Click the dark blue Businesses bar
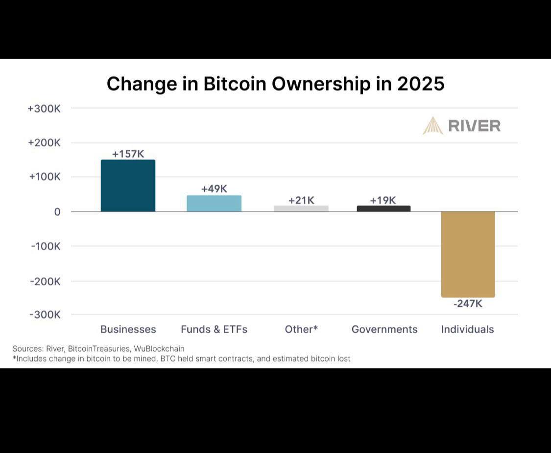[x=128, y=186]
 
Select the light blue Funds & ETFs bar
[x=214, y=204]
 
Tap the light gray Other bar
[x=301, y=208]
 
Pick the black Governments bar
[x=383, y=208]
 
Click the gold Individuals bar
[x=468, y=254]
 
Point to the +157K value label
[x=128, y=154]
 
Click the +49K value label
[x=214, y=189]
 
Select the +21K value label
[x=301, y=200]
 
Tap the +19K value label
[x=383, y=200]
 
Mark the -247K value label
[x=468, y=304]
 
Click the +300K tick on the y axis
[x=44, y=109]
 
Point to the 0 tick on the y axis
[x=57, y=212]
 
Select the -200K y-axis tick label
[x=45, y=281]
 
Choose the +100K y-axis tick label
[x=44, y=177]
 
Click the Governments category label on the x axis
[x=384, y=329]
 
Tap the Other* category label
[x=301, y=329]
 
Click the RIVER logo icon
[x=433, y=126]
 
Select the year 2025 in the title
[x=421, y=84]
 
